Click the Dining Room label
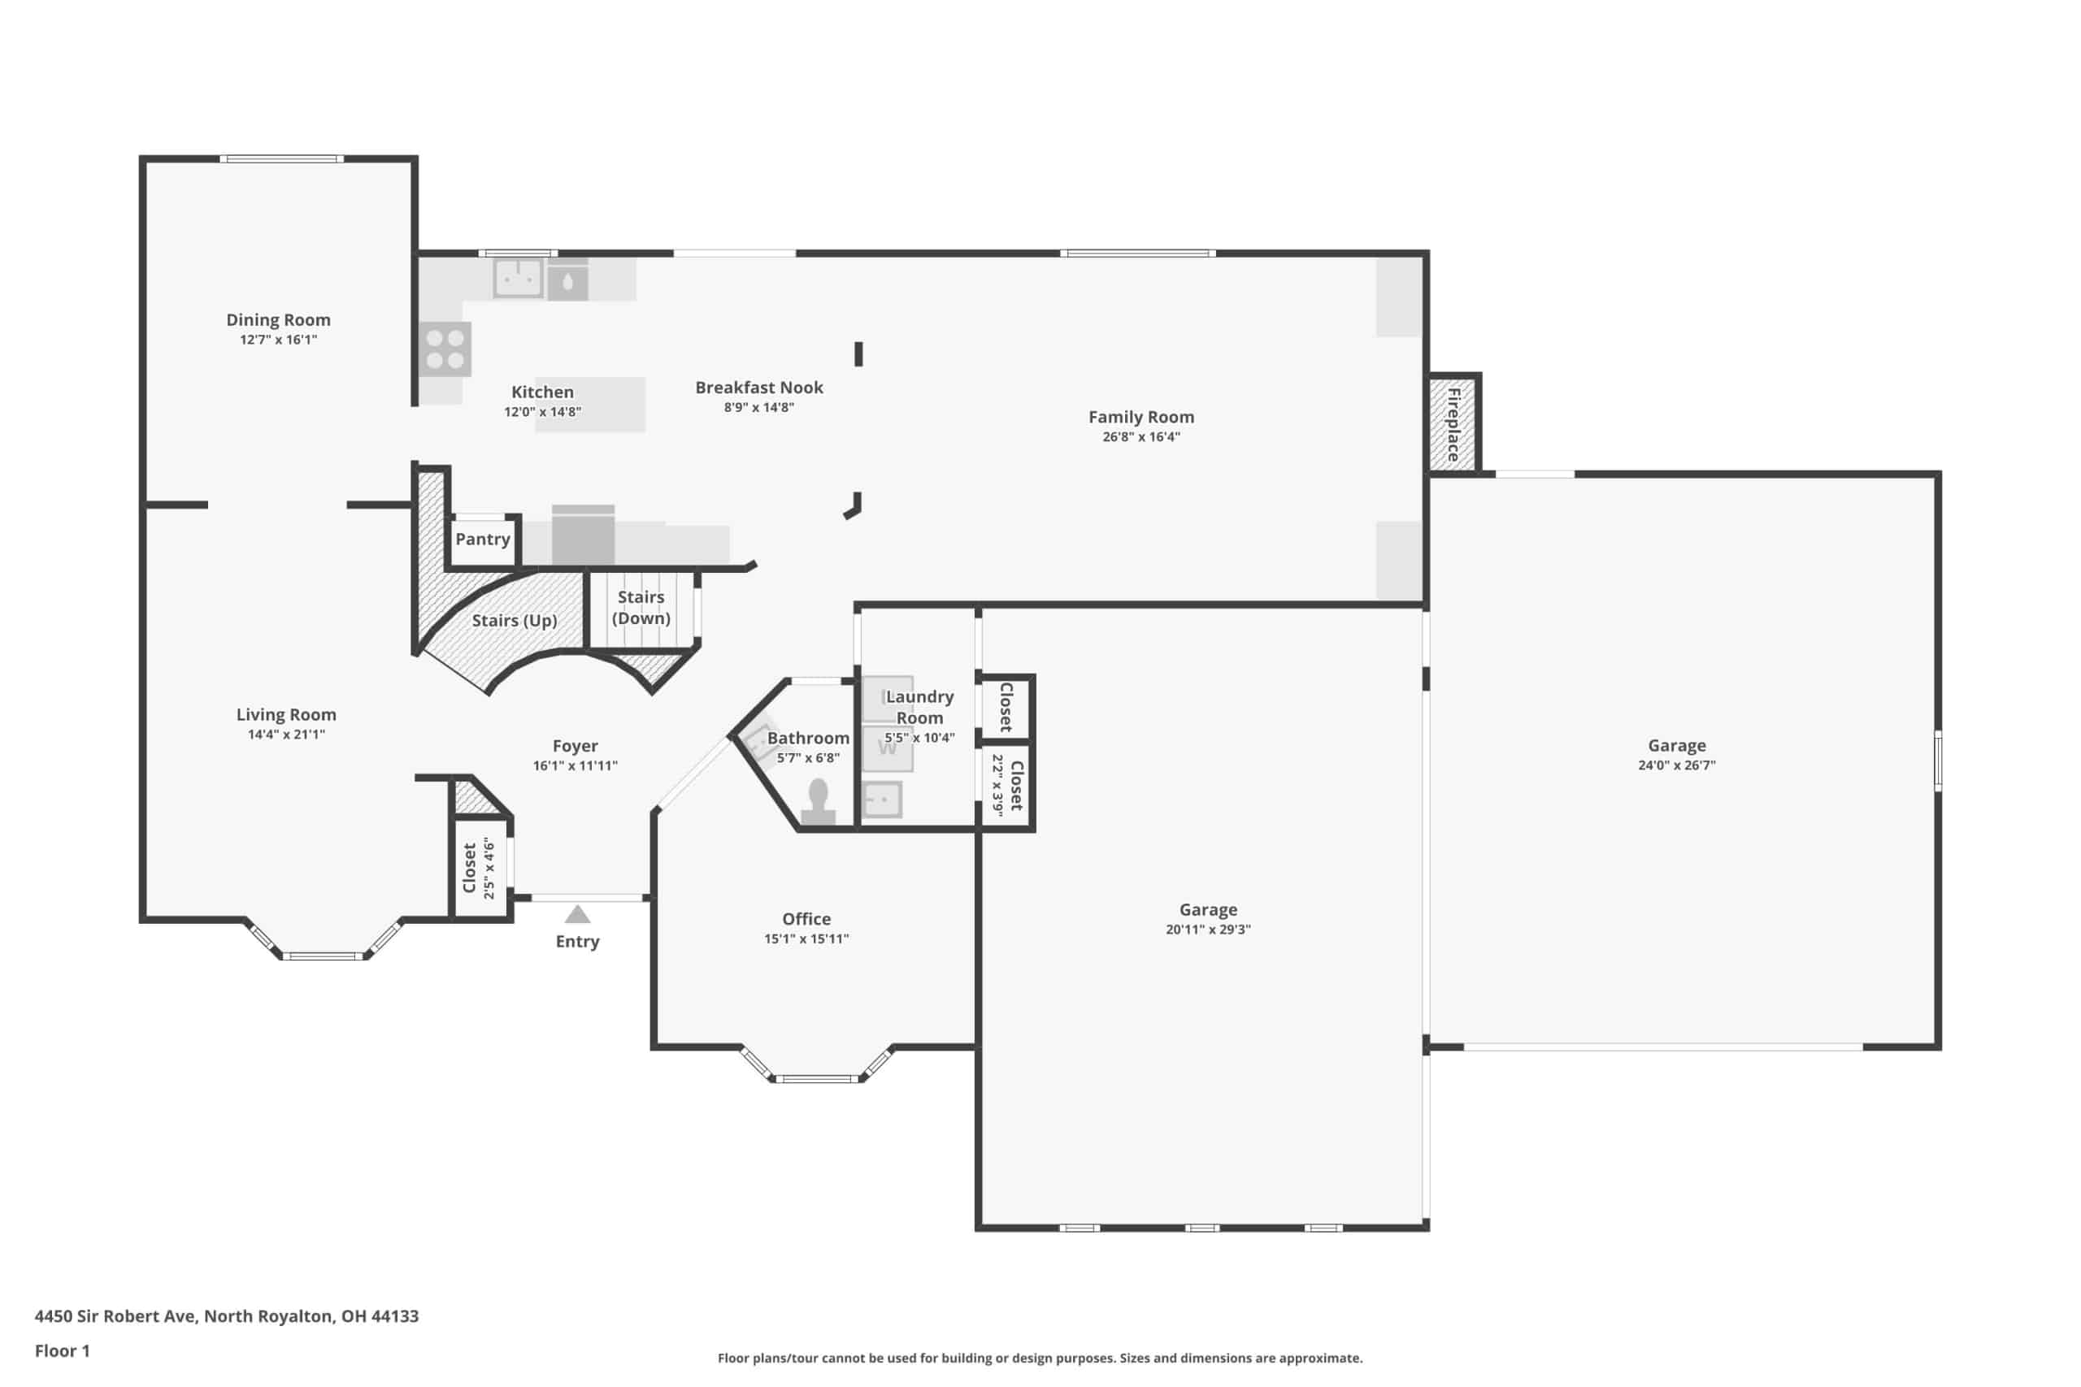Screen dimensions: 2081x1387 click(278, 319)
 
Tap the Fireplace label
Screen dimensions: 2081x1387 click(1453, 425)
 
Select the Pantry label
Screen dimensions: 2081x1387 click(482, 539)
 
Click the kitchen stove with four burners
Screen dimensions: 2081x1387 click(445, 349)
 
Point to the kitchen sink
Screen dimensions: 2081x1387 click(518, 278)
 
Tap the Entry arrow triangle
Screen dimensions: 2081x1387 click(578, 914)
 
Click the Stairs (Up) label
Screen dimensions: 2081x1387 click(514, 620)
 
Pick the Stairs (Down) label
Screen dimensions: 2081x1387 click(641, 608)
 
